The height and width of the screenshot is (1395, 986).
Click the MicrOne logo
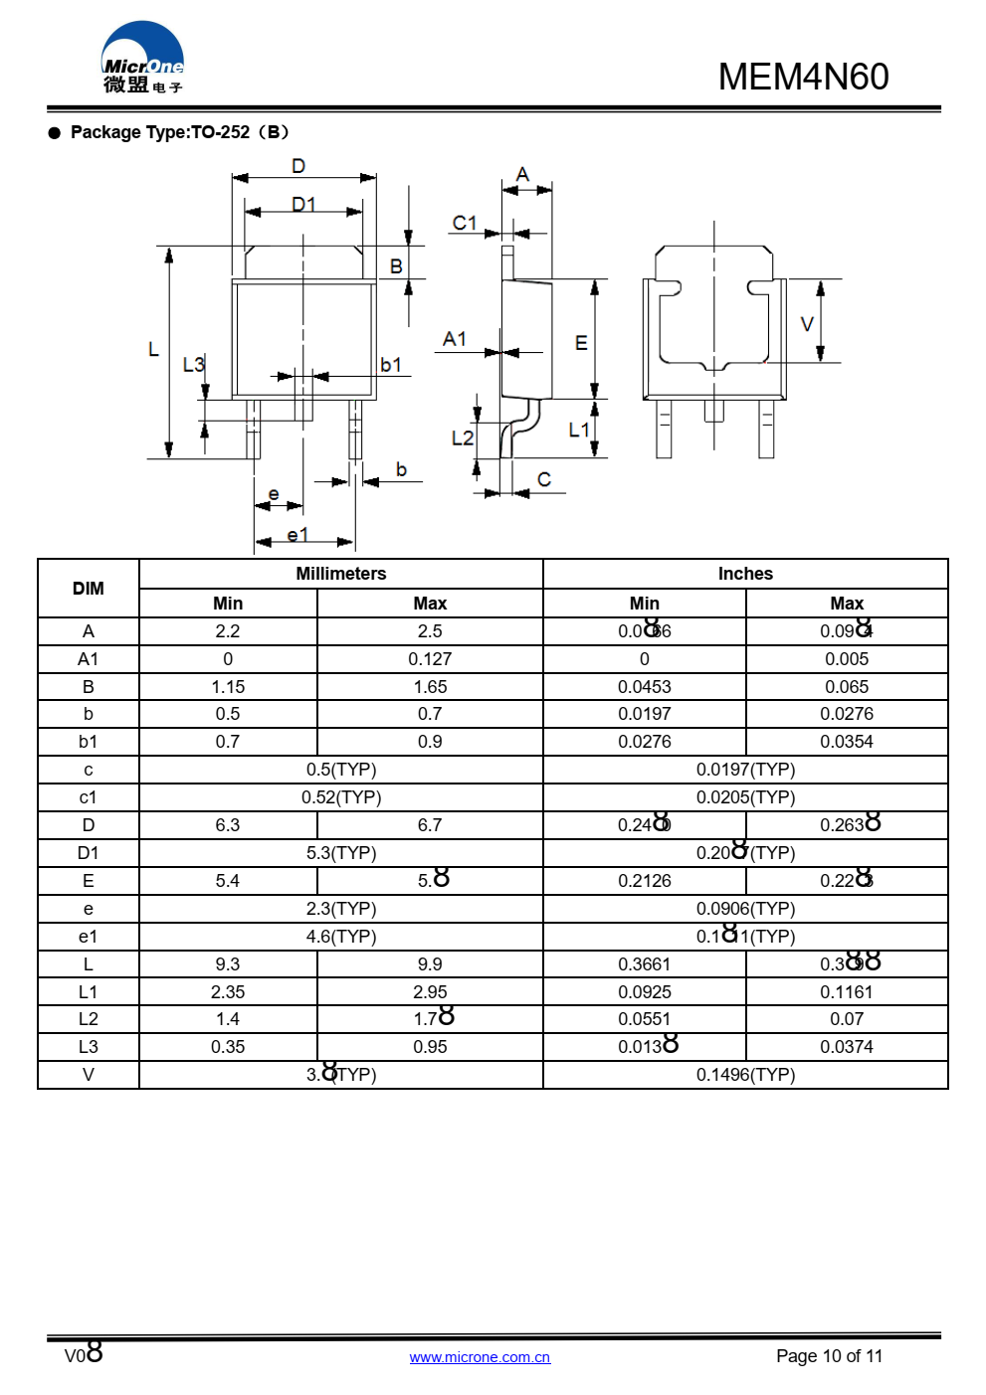[x=142, y=59]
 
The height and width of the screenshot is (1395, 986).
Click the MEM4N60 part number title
[x=803, y=77]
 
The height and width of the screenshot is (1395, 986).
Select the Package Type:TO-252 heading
[x=179, y=132]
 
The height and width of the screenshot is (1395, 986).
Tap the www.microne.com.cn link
[x=480, y=1357]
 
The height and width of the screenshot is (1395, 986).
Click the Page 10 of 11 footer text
[x=829, y=1356]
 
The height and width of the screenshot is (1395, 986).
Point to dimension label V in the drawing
[x=807, y=324]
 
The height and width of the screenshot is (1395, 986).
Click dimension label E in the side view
[x=581, y=343]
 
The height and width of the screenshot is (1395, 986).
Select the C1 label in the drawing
[x=465, y=223]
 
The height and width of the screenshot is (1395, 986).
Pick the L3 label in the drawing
[x=193, y=365]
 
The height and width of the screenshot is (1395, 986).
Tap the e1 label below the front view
[x=297, y=535]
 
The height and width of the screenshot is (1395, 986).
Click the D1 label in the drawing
[x=303, y=204]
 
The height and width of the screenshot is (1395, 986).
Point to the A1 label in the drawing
[x=455, y=339]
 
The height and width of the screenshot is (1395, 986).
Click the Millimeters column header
[x=340, y=574]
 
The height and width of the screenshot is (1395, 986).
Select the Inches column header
[x=745, y=574]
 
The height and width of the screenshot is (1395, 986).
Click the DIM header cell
[x=89, y=589]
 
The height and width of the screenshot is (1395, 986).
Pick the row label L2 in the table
[x=89, y=1019]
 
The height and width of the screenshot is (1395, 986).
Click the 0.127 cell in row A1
[x=430, y=659]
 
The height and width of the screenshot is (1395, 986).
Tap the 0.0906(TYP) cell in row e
[x=745, y=909]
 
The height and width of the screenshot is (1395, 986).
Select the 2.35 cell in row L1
[x=228, y=992]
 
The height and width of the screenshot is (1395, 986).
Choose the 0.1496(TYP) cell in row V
[x=745, y=1075]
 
